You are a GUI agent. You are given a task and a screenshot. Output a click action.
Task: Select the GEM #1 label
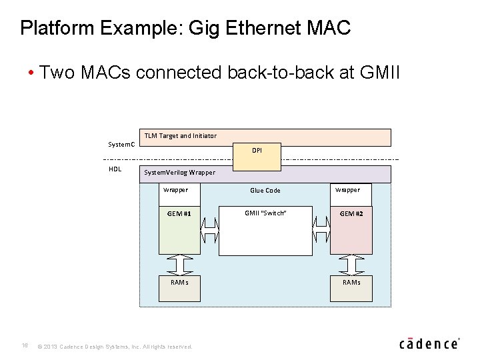click(179, 214)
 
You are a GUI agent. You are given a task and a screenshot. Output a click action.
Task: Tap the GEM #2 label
click(351, 214)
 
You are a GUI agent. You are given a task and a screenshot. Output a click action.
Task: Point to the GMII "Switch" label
click(265, 213)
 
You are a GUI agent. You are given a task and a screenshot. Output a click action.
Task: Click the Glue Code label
click(265, 191)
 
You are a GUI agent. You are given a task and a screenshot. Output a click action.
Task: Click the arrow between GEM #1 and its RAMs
click(179, 265)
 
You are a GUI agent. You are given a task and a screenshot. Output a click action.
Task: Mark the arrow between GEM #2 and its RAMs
click(351, 265)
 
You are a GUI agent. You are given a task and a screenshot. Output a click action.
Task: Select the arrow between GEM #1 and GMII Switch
click(209, 231)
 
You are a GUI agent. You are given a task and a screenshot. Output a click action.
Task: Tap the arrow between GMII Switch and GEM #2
click(321, 231)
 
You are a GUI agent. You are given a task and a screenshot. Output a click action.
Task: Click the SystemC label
click(121, 145)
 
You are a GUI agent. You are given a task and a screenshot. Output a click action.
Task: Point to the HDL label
click(115, 169)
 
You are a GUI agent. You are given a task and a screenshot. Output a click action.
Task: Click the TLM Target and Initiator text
click(181, 136)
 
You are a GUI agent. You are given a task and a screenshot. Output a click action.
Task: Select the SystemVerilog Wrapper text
click(180, 173)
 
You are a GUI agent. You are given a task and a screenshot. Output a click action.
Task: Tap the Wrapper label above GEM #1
click(175, 190)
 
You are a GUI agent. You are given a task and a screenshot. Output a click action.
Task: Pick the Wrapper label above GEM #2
click(347, 190)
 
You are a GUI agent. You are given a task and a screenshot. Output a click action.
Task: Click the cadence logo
click(429, 343)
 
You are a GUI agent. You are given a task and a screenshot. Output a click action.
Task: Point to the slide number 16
click(24, 345)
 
